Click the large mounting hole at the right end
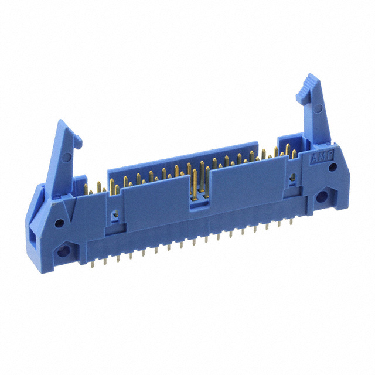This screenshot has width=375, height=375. (x=323, y=198)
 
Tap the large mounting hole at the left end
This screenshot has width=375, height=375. (x=63, y=253)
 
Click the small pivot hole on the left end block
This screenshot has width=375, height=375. (x=59, y=223)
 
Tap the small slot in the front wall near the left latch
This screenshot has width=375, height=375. (x=116, y=215)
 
